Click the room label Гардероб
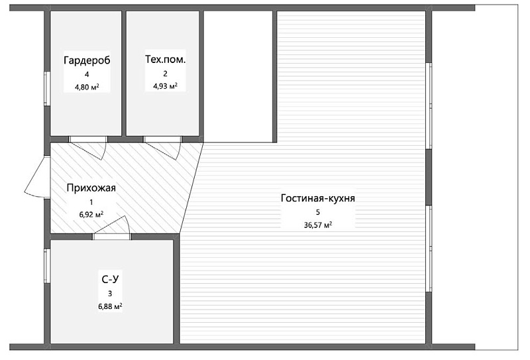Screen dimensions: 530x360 [87, 60]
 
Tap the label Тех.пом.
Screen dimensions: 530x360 [165, 59]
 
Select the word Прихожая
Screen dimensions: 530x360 [91, 188]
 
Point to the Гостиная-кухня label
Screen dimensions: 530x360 [318, 198]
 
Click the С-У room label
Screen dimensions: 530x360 [110, 280]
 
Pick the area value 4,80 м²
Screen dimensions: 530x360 [87, 87]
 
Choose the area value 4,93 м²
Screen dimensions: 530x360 [165, 86]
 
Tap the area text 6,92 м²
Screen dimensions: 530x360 [91, 215]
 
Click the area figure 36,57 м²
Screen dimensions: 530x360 [318, 225]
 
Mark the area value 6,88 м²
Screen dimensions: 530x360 [110, 306]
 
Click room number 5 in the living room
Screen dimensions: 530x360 [318, 212]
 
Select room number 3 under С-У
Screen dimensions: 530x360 [110, 294]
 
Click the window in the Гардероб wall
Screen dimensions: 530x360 [47, 89]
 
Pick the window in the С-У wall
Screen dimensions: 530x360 [47, 266]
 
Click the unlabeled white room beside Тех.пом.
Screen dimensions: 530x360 [238, 76]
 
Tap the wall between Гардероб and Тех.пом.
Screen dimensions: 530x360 [124, 74]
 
